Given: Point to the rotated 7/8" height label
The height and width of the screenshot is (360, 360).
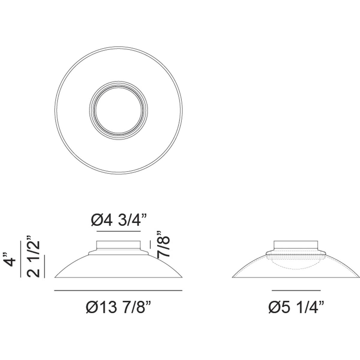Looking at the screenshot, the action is click(x=163, y=245).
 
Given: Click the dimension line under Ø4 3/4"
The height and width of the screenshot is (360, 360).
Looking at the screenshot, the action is click(x=118, y=231).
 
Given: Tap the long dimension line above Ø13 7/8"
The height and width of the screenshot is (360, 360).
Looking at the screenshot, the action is click(x=118, y=290).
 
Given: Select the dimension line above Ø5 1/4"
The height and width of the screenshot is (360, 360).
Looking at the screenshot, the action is click(x=296, y=290).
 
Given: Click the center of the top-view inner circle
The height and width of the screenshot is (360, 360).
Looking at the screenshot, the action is click(x=118, y=110).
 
